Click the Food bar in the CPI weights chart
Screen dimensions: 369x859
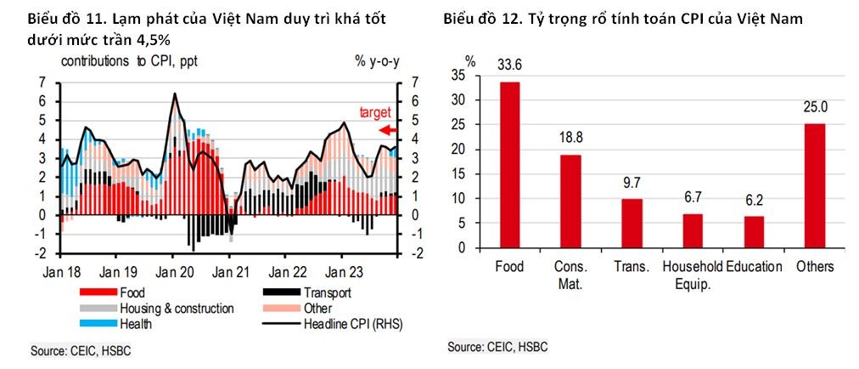point(509,165)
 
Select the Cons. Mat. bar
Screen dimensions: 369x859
point(570,202)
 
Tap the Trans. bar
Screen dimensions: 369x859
point(632,224)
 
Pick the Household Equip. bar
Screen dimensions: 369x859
point(693,231)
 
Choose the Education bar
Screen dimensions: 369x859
point(754,232)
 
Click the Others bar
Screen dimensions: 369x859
point(815,186)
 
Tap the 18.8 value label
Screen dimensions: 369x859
point(570,138)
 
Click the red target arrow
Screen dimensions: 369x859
point(386,129)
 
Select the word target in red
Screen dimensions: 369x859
point(374,112)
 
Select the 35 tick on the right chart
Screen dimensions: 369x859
point(459,75)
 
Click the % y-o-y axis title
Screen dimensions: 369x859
point(377,61)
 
